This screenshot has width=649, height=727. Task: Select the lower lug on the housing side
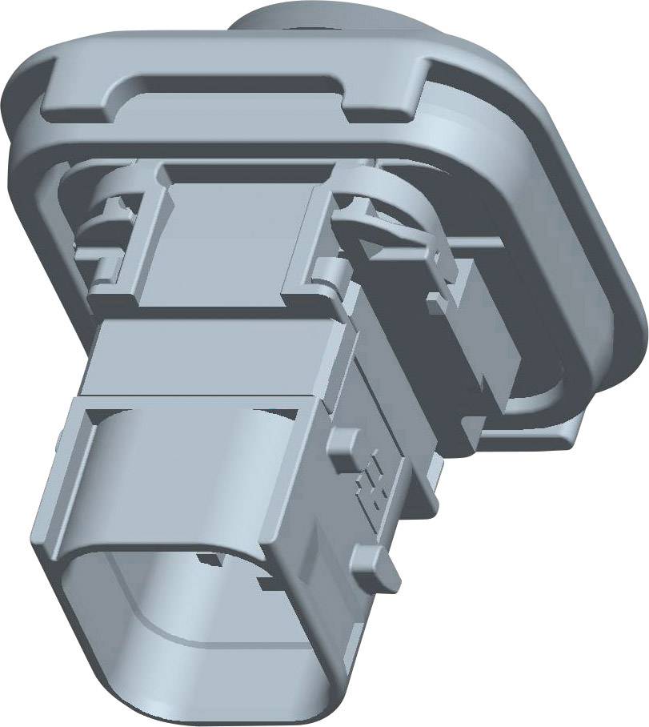(x=383, y=564)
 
